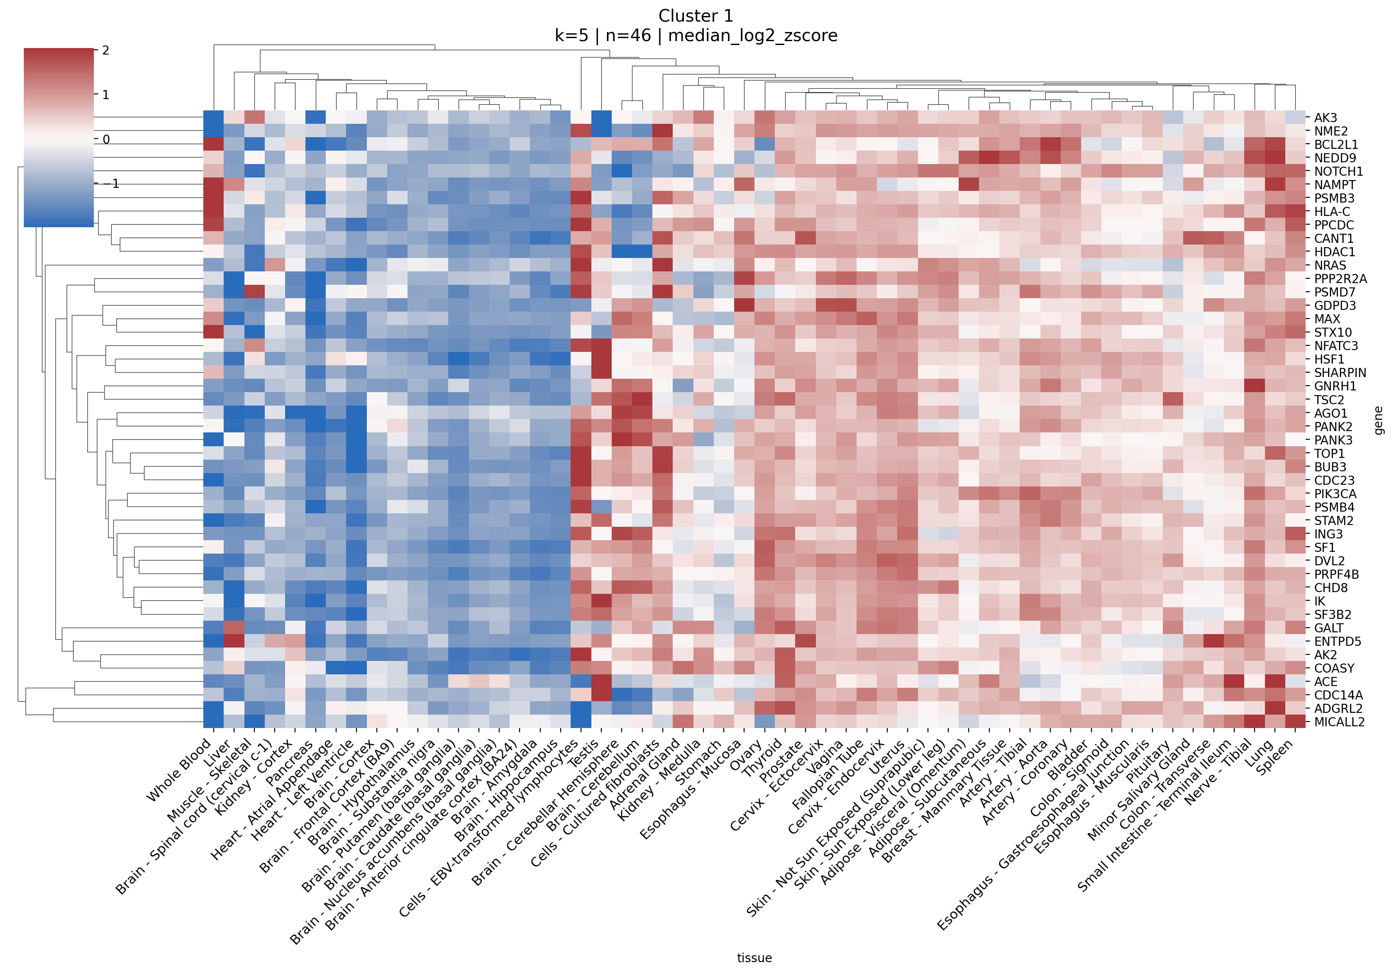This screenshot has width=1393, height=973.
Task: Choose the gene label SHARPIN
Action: tap(1340, 373)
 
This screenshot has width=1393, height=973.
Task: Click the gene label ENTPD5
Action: tap(1338, 641)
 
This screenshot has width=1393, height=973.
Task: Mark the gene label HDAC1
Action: tap(1334, 252)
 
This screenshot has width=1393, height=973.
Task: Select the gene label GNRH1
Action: tap(1335, 386)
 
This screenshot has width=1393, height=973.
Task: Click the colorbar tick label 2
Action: tap(106, 50)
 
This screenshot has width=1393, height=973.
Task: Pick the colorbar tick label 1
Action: tap(106, 95)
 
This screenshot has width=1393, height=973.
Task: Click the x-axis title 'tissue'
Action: tap(754, 957)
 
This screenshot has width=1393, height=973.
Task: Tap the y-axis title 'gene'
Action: tap(1378, 420)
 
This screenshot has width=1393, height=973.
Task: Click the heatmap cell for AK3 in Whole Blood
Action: tap(213, 118)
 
